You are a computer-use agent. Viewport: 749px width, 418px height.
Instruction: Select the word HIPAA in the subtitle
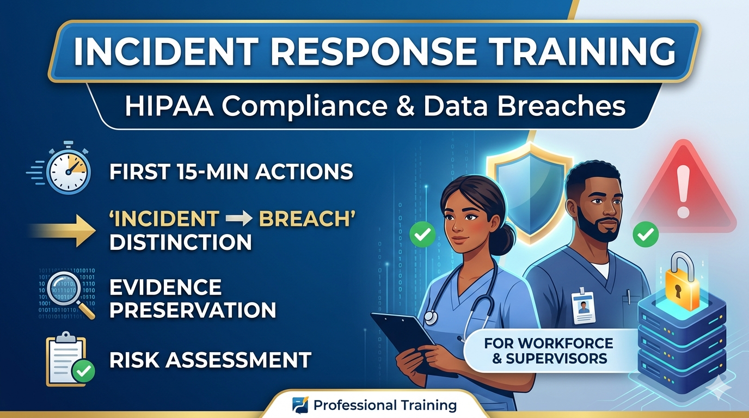click(x=169, y=106)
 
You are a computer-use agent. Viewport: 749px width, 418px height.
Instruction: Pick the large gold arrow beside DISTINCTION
click(x=64, y=231)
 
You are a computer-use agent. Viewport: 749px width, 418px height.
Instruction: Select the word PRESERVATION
click(x=193, y=310)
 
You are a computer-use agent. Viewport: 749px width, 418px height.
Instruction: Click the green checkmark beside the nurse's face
click(x=422, y=235)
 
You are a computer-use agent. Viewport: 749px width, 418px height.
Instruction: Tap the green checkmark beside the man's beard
click(x=646, y=235)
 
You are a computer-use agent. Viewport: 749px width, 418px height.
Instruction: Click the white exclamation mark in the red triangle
click(x=683, y=192)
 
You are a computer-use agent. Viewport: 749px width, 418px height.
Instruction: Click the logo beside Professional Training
click(x=300, y=405)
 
